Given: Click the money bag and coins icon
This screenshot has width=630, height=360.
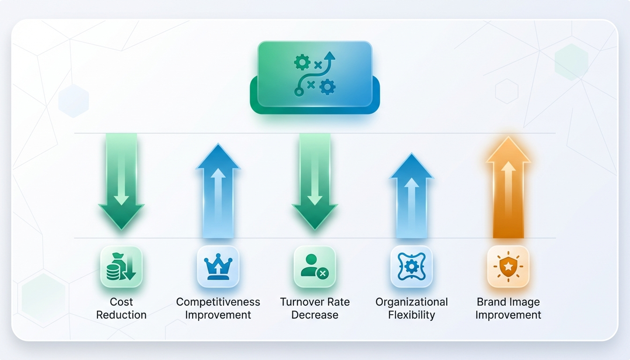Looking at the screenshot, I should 121,267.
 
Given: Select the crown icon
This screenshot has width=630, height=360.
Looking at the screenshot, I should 218,267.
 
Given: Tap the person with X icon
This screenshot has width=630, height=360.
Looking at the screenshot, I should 315,267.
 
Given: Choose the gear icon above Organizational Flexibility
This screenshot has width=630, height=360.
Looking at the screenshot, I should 411,267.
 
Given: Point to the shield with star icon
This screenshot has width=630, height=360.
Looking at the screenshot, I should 508,267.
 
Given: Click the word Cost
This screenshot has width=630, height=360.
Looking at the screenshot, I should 121,302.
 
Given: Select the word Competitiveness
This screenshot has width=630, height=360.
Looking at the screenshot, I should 218,302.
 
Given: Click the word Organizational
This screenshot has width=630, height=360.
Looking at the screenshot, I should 411,302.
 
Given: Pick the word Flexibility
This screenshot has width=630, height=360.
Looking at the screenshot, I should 411,315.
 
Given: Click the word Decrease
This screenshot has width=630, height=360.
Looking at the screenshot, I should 315,315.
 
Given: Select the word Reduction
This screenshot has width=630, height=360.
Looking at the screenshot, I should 121,315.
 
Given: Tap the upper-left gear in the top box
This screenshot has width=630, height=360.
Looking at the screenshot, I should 302,63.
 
